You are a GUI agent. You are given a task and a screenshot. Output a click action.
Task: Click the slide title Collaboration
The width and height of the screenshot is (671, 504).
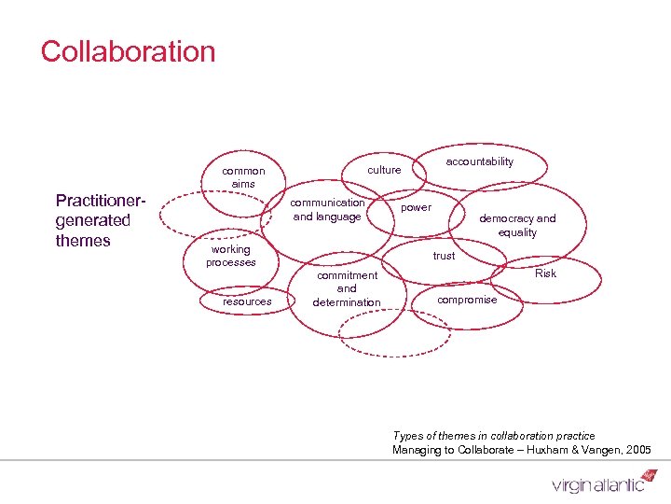click(128, 51)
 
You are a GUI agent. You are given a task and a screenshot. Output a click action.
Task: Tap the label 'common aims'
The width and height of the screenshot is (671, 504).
click(243, 177)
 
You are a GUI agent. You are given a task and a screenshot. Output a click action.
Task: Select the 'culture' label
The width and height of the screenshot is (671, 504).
click(384, 170)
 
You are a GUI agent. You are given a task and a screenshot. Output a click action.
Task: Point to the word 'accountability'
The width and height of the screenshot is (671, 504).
click(479, 162)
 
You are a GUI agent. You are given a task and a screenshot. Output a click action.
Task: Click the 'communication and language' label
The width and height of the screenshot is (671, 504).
click(327, 210)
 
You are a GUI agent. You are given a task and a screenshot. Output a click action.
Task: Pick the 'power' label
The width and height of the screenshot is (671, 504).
click(416, 207)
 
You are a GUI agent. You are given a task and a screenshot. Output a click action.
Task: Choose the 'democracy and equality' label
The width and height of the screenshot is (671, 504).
click(517, 225)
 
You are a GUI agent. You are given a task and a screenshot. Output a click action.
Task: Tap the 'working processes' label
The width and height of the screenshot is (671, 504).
click(230, 256)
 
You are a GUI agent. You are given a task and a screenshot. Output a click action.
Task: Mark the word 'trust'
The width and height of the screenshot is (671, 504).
click(444, 256)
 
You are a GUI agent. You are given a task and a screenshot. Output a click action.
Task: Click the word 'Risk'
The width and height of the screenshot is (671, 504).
click(545, 273)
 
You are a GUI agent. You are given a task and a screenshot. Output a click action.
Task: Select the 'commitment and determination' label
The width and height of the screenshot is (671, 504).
click(347, 288)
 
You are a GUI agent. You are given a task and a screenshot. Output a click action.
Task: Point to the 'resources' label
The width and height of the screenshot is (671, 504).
click(247, 301)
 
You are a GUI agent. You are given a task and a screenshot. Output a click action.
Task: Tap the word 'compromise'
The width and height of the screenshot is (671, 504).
click(467, 300)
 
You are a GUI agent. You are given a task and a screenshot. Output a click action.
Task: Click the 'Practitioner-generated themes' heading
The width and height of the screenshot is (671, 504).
click(93, 220)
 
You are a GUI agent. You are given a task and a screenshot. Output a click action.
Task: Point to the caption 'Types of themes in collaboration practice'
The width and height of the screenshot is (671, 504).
click(494, 436)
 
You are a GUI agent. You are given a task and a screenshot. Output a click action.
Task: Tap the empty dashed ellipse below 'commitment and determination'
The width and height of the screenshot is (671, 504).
click(381, 332)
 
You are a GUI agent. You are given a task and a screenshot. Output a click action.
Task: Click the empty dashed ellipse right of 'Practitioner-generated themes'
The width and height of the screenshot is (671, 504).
click(203, 216)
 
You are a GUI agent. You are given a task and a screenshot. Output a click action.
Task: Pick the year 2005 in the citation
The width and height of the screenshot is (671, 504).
click(638, 451)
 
